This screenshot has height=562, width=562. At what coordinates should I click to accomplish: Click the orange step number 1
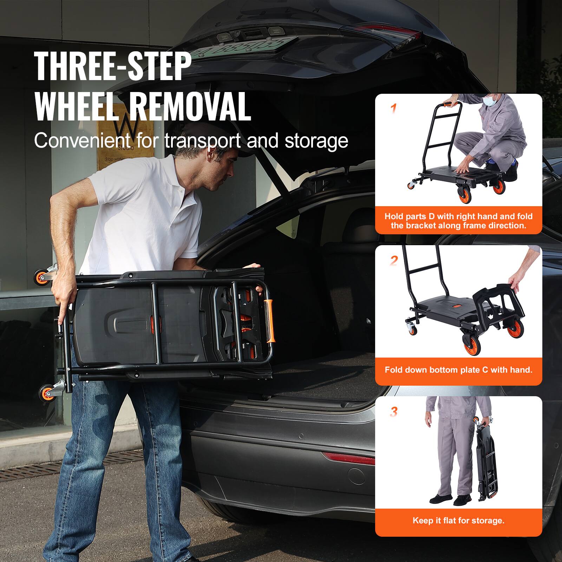pyautogui.click(x=394, y=109)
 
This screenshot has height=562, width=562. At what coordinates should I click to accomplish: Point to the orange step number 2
pyautogui.click(x=394, y=261)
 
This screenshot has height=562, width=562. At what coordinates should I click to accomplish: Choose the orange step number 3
pyautogui.click(x=394, y=411)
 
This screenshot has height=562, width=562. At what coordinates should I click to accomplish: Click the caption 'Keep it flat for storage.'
pyautogui.click(x=458, y=520)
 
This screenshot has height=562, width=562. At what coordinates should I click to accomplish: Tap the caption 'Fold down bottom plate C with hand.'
pyautogui.click(x=458, y=370)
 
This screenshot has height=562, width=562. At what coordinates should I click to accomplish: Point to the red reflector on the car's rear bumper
pyautogui.click(x=348, y=458)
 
